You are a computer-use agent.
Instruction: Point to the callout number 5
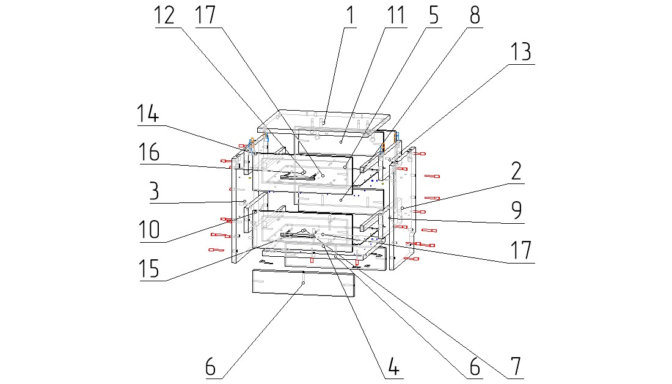pyautogui.click(x=433, y=15)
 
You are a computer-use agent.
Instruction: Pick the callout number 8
pyautogui.click(x=475, y=15)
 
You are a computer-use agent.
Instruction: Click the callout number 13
pyautogui.click(x=521, y=52)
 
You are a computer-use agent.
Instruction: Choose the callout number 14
pyautogui.click(x=148, y=115)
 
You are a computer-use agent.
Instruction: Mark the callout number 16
pyautogui.click(x=148, y=153)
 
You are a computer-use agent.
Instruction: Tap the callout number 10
pyautogui.click(x=148, y=229)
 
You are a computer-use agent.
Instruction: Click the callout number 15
pyautogui.click(x=148, y=268)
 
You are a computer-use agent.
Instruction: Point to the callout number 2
pyautogui.click(x=516, y=172)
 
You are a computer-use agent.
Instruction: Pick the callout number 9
pyautogui.click(x=516, y=210)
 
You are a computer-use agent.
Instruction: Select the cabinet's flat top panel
pyautogui.click(x=324, y=122)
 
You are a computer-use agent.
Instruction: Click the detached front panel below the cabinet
pyautogui.click(x=304, y=284)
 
